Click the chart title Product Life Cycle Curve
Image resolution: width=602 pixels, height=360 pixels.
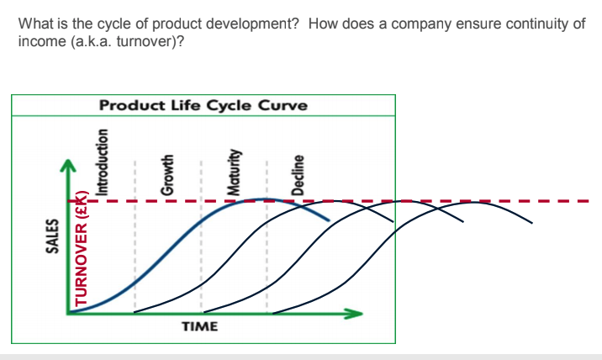coord(203,106)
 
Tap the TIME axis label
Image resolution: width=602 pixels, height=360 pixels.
coord(199,326)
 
